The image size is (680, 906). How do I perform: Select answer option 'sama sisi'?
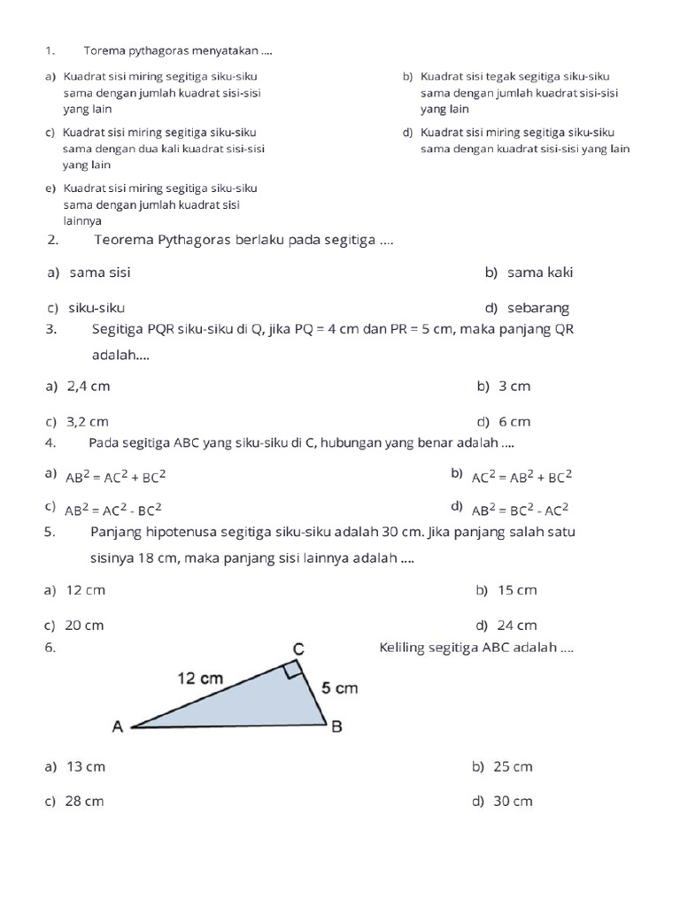(x=99, y=273)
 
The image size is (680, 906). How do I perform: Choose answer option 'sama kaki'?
(x=540, y=273)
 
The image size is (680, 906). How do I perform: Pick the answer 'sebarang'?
(x=538, y=308)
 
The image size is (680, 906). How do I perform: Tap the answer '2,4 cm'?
(x=89, y=387)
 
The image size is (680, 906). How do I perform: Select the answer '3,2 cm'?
(x=88, y=422)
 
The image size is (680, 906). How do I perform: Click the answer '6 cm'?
(x=515, y=422)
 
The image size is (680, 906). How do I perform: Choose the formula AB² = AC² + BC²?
(x=116, y=477)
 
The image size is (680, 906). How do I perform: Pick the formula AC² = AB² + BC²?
(x=522, y=477)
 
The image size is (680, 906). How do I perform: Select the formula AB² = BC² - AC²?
(x=520, y=510)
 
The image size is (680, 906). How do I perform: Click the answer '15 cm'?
(x=517, y=590)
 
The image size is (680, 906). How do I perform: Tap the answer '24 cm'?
(x=517, y=626)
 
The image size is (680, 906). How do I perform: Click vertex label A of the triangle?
(x=117, y=727)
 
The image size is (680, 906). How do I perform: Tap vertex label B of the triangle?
(x=336, y=727)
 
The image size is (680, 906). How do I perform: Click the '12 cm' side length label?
(x=200, y=679)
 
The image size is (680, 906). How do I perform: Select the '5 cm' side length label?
(x=339, y=688)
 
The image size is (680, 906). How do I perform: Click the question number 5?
(x=49, y=532)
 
